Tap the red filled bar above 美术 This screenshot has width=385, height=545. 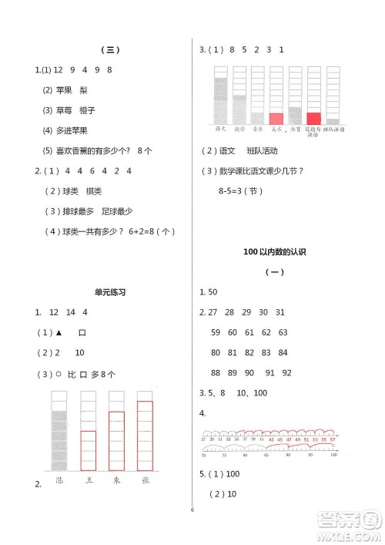pos(276,118)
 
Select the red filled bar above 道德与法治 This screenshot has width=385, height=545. pos(313,118)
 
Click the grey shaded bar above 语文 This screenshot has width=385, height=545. pos(221,99)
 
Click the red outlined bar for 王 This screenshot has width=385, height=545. pos(89,450)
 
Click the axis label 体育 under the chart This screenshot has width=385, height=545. pos(295,130)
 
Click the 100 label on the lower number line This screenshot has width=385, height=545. pos(333,456)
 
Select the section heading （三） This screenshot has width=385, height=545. pos(109,50)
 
